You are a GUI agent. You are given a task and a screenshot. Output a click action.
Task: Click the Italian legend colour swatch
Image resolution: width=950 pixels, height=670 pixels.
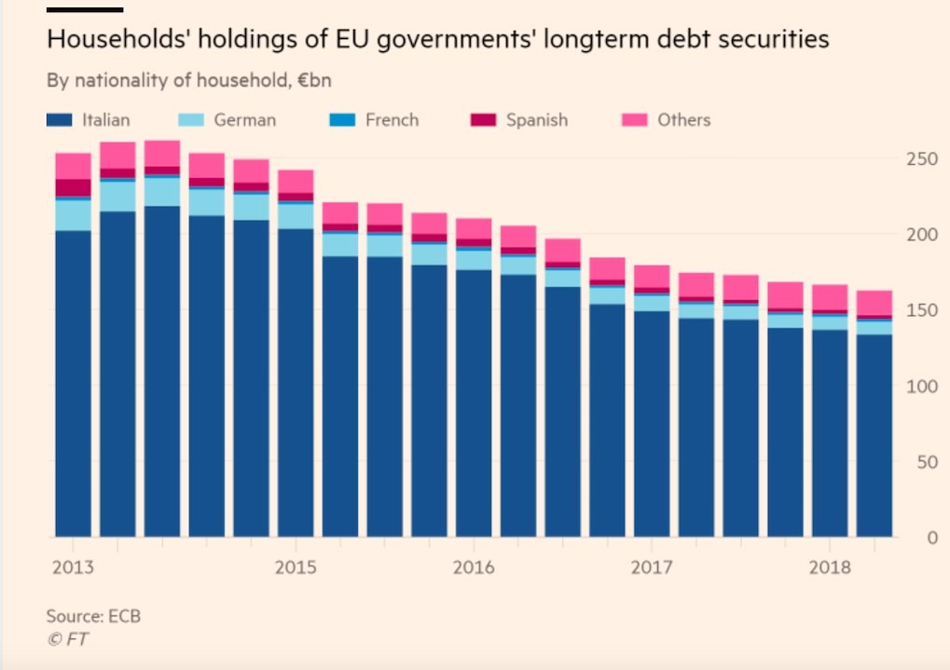(60, 120)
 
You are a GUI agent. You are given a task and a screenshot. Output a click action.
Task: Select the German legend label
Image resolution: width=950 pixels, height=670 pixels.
(244, 120)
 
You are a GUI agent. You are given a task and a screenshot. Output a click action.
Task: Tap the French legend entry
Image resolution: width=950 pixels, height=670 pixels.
(392, 120)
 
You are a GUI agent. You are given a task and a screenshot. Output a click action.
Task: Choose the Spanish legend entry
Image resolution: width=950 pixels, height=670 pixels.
(536, 120)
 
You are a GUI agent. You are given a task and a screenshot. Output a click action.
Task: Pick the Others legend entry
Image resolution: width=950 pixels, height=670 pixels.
(683, 120)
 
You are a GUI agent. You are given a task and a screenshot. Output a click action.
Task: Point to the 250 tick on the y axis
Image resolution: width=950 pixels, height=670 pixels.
(920, 158)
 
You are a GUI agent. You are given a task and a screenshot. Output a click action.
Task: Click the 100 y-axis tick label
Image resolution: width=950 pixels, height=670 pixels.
(920, 386)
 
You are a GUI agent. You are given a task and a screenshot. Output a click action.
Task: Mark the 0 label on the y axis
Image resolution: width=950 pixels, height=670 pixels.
(929, 538)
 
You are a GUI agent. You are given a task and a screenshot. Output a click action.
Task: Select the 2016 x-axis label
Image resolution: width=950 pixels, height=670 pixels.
(473, 567)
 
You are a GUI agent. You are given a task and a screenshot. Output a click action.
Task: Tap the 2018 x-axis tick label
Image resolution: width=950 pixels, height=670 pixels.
(830, 567)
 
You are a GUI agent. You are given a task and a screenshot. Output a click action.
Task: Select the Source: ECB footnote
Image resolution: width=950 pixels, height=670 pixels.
(93, 616)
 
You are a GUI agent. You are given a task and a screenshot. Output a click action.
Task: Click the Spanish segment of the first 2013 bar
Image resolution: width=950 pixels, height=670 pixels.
(73, 187)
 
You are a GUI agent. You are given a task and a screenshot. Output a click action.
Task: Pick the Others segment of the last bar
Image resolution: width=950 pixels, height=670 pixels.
(874, 303)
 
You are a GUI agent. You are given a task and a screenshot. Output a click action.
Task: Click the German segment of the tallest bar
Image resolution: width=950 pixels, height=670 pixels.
(162, 191)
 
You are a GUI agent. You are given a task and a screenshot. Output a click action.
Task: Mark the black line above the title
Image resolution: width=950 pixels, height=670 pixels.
(85, 9)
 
